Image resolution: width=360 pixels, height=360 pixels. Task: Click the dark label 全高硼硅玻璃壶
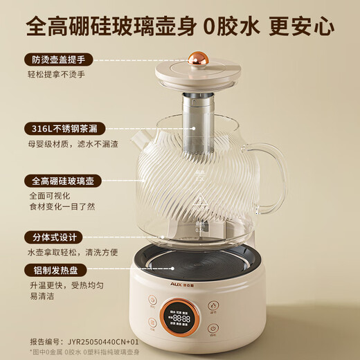pos(60,181)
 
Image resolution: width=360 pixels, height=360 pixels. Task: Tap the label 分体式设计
pos(51,237)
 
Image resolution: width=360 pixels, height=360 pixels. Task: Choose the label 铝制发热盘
pos(51,270)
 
